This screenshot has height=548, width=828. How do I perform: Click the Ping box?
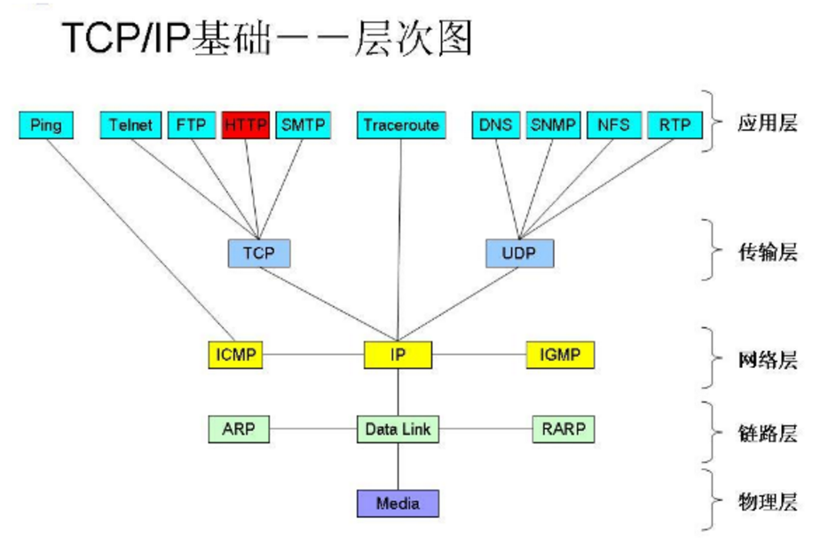pos(45,125)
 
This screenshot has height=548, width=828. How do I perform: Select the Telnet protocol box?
pos(130,125)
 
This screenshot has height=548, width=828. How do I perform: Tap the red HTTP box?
pos(246,125)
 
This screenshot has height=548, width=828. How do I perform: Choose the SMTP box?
pos(304,125)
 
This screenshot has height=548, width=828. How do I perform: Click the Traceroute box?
pos(401,125)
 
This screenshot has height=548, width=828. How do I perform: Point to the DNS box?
pos(495,125)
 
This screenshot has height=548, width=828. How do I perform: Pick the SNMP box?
pos(554,125)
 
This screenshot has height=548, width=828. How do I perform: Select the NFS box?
pos(614,125)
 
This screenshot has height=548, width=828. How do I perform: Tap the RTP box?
pos(674,125)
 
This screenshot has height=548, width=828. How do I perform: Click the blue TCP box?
pos(259,254)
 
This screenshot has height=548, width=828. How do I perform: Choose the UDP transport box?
pos(519,254)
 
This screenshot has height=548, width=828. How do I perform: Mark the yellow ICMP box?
pos(235,356)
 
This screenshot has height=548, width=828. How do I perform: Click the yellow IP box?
pos(398,356)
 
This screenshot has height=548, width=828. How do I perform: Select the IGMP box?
pos(560,356)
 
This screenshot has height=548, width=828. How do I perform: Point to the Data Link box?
pos(398,429)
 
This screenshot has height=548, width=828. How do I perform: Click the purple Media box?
pos(398,504)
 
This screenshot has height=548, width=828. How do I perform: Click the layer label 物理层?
pos(767,503)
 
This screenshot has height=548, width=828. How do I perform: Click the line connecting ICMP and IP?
pos(314,356)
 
